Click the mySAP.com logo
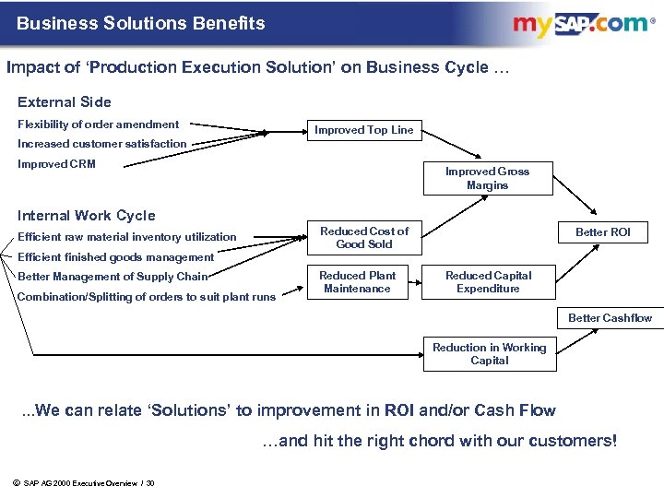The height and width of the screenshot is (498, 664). coord(582,25)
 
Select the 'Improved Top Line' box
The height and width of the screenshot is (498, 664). coord(363,130)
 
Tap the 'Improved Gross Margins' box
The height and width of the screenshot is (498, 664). coord(487,179)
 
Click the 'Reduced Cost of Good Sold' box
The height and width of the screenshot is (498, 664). coord(363,238)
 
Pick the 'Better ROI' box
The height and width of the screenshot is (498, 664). coord(602,232)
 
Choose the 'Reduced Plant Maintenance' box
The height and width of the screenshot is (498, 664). coord(357,282)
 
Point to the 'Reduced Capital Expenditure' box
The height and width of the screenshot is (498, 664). coord(488,282)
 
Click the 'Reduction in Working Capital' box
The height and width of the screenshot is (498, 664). coord(489,354)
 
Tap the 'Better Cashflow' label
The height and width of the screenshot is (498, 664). coord(610,318)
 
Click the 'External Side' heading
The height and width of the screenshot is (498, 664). coord(65,102)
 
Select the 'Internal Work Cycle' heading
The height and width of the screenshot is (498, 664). coord(87,216)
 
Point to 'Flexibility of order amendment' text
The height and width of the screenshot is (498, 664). coord(99,125)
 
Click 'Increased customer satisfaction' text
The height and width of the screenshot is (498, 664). coord(102,144)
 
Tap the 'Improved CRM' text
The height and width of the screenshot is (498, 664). coord(56,165)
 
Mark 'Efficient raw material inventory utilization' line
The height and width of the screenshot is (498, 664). coord(127,237)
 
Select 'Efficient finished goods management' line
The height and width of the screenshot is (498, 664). coord(115,257)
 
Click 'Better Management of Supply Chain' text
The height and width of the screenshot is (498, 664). coord(113,277)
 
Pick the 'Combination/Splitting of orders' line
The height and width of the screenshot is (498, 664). coord(147,296)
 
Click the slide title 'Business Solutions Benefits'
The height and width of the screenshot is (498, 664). coord(140,23)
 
